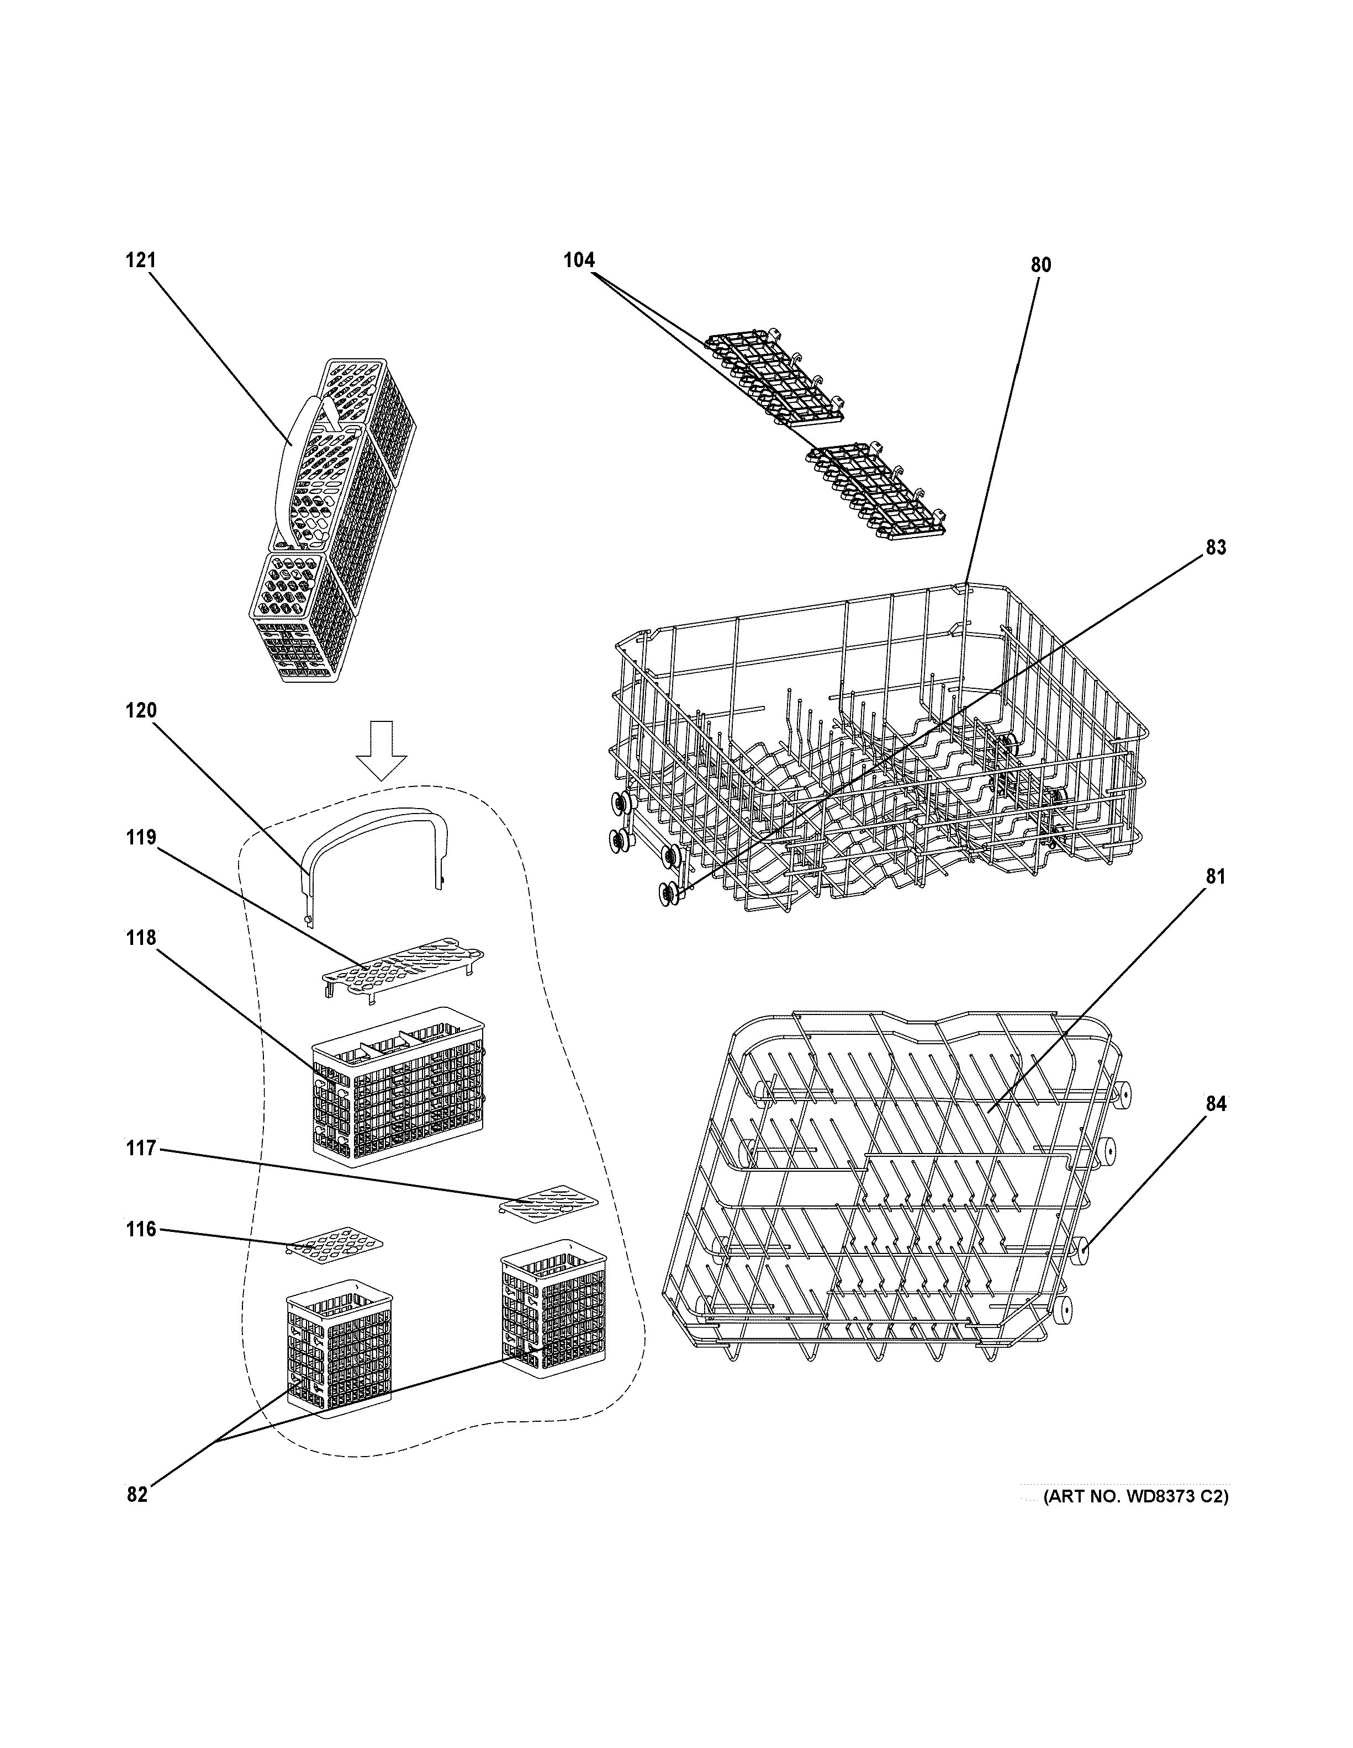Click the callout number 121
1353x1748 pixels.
tap(140, 260)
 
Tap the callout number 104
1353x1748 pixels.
tap(579, 260)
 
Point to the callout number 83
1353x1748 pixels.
tap(1215, 548)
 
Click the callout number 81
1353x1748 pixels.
tap(1215, 876)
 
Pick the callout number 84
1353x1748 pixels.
tap(1215, 1104)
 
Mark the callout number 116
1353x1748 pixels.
tap(140, 1229)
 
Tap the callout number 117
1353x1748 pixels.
tap(140, 1149)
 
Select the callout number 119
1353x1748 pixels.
tap(140, 837)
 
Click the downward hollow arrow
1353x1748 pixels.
tap(381, 749)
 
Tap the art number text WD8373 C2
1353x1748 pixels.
tap(1135, 1497)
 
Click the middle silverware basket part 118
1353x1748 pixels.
tap(399, 1088)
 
